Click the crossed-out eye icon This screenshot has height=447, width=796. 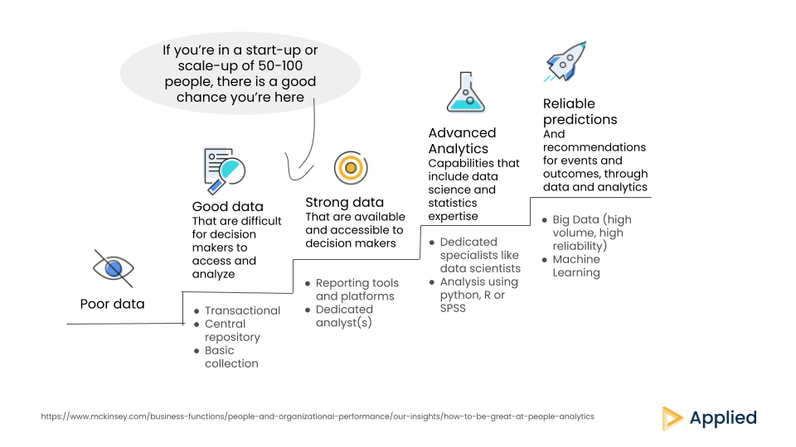(x=114, y=268)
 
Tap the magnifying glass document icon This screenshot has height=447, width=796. (x=224, y=171)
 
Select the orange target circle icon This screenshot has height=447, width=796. (x=351, y=168)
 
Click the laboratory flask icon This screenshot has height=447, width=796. (x=466, y=92)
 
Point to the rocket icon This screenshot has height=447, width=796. (x=565, y=62)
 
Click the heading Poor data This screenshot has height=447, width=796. (x=112, y=304)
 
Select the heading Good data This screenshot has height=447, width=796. (x=227, y=207)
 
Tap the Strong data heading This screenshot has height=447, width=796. (x=344, y=203)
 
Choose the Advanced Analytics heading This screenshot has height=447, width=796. (x=462, y=141)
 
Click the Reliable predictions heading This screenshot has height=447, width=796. (x=580, y=112)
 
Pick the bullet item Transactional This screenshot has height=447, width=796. (x=242, y=310)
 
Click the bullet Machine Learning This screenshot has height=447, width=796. (x=576, y=266)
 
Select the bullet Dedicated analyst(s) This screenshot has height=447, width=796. (x=344, y=316)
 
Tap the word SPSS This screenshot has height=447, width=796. (x=453, y=308)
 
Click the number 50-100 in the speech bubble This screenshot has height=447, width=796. (x=280, y=66)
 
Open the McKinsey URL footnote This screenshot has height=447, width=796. (x=318, y=416)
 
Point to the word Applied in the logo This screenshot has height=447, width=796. (x=723, y=418)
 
